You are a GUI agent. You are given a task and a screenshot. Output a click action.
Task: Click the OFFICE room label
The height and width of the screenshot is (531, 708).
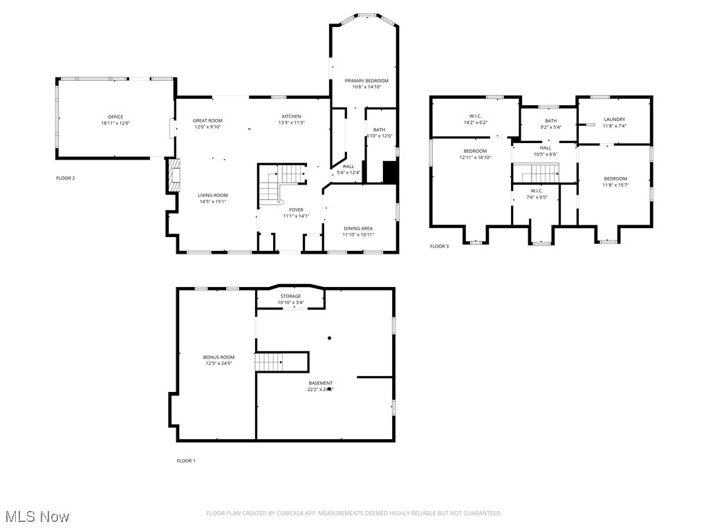coord(115,117)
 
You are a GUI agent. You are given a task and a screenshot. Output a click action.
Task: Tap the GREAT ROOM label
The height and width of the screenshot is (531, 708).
coord(207,120)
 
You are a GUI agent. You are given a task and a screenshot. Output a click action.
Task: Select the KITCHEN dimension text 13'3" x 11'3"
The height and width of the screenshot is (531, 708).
coord(291,123)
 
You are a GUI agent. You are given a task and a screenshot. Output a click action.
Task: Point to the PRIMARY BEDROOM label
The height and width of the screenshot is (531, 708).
coord(366,81)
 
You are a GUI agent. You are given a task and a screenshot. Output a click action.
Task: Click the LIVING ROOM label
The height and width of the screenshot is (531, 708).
coord(212,195)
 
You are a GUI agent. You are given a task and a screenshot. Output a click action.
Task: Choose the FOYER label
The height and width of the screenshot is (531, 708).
coord(296,209)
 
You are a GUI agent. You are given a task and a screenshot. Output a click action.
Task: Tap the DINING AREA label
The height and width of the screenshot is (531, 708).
coord(358,228)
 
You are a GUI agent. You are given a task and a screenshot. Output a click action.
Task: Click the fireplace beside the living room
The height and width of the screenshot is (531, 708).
coord(173,176)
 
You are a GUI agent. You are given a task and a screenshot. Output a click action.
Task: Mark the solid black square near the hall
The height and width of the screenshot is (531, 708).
coord(391,172)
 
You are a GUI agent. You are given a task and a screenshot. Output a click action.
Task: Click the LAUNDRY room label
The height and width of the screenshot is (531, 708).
coord(614,120)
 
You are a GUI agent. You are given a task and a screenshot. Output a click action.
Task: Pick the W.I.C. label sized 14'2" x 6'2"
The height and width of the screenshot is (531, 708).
coord(475,115)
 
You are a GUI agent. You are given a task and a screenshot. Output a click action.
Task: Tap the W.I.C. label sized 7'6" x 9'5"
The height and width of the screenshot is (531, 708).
coord(537,191)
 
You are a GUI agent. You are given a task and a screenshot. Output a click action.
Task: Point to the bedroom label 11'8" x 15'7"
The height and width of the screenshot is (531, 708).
coord(615,178)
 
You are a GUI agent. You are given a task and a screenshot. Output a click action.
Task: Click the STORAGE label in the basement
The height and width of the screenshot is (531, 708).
coord(290,296)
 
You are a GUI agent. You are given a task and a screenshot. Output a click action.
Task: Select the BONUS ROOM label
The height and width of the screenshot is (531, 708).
coord(218,357)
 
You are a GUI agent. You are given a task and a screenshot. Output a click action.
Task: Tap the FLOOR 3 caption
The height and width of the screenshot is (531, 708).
coord(439,246)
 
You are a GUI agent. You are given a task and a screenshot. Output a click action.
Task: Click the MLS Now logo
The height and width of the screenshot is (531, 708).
coord(37,516)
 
